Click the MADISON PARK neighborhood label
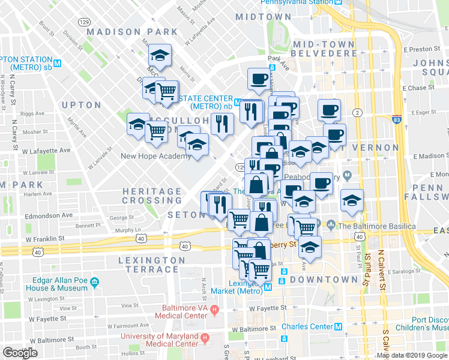(132, 32)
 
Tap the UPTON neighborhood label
(81, 105)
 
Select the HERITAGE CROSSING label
(152, 196)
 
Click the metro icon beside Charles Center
(338, 327)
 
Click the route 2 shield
(357, 113)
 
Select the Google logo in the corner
(20, 352)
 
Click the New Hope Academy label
(155, 157)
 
